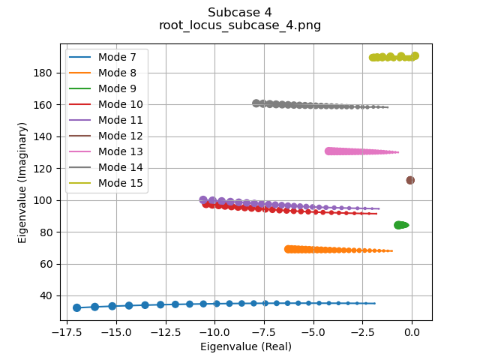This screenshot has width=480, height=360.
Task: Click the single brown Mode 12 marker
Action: pos(410,180)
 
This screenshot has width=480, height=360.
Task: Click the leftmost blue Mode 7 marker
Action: pos(76,307)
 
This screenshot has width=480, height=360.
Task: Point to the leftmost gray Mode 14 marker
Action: pos(256,103)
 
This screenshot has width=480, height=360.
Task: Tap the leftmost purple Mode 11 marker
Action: pos(203,200)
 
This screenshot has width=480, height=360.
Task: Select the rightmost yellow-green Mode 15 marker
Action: pos(415,55)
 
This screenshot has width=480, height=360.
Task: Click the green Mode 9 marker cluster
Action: pos(401,225)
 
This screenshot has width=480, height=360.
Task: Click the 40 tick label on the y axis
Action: pos(46,295)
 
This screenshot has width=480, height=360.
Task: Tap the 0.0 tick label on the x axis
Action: pos(412,332)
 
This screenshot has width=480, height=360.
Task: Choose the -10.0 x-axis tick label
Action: pos(214,332)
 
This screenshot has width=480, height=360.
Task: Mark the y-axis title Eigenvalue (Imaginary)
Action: pos(22,182)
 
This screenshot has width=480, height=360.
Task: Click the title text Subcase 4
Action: pos(240,12)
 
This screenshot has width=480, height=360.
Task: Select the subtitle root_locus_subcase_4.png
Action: pos(240,25)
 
